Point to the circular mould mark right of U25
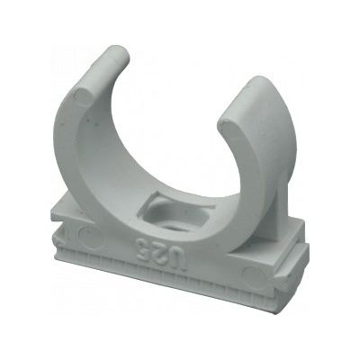click(256, 276)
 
